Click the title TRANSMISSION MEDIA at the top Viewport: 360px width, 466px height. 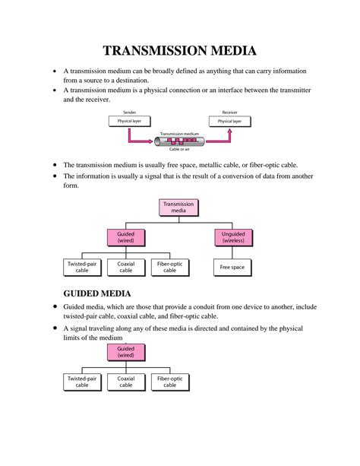click(x=180, y=51)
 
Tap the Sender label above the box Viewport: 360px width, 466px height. click(x=129, y=112)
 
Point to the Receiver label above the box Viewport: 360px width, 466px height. click(x=229, y=112)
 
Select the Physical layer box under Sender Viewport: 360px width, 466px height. click(x=129, y=121)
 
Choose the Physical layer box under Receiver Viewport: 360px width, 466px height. click(x=229, y=121)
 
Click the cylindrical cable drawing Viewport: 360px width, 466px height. click(x=180, y=141)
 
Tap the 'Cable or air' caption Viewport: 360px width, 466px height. click(x=179, y=150)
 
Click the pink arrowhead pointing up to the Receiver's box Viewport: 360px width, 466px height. click(x=229, y=130)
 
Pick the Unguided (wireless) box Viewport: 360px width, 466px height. click(x=232, y=237)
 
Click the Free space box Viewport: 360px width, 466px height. click(x=232, y=267)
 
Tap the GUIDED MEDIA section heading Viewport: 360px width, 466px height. click(x=98, y=293)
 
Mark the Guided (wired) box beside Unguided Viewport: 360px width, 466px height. click(x=125, y=237)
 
